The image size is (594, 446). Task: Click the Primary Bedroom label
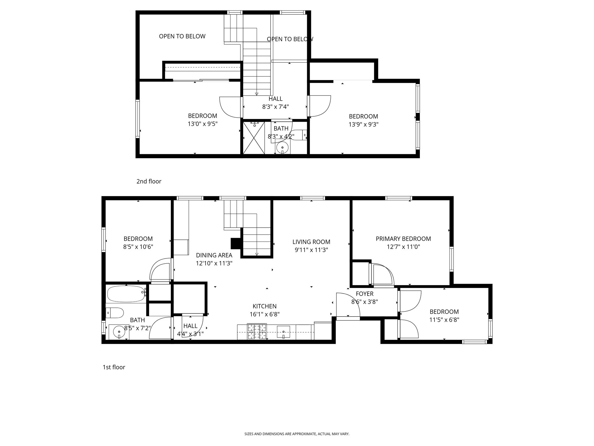(403, 239)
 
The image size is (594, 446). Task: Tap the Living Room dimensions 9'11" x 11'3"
(311, 250)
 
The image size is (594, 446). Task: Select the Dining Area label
(214, 255)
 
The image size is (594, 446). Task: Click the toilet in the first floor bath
(115, 313)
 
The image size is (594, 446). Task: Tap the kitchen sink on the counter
(283, 332)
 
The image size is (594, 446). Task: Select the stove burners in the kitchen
(257, 332)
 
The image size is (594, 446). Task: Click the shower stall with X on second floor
(254, 138)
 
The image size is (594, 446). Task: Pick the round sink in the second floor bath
(282, 148)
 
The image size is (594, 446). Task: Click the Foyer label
(365, 294)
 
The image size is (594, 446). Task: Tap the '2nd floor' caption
(149, 181)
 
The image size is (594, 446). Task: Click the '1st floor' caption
(114, 367)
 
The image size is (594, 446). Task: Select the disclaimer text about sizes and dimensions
(297, 434)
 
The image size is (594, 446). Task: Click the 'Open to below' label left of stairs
(182, 36)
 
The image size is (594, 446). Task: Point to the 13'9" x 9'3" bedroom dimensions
(363, 125)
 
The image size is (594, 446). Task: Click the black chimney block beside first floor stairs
(236, 243)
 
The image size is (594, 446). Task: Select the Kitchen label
(265, 306)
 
